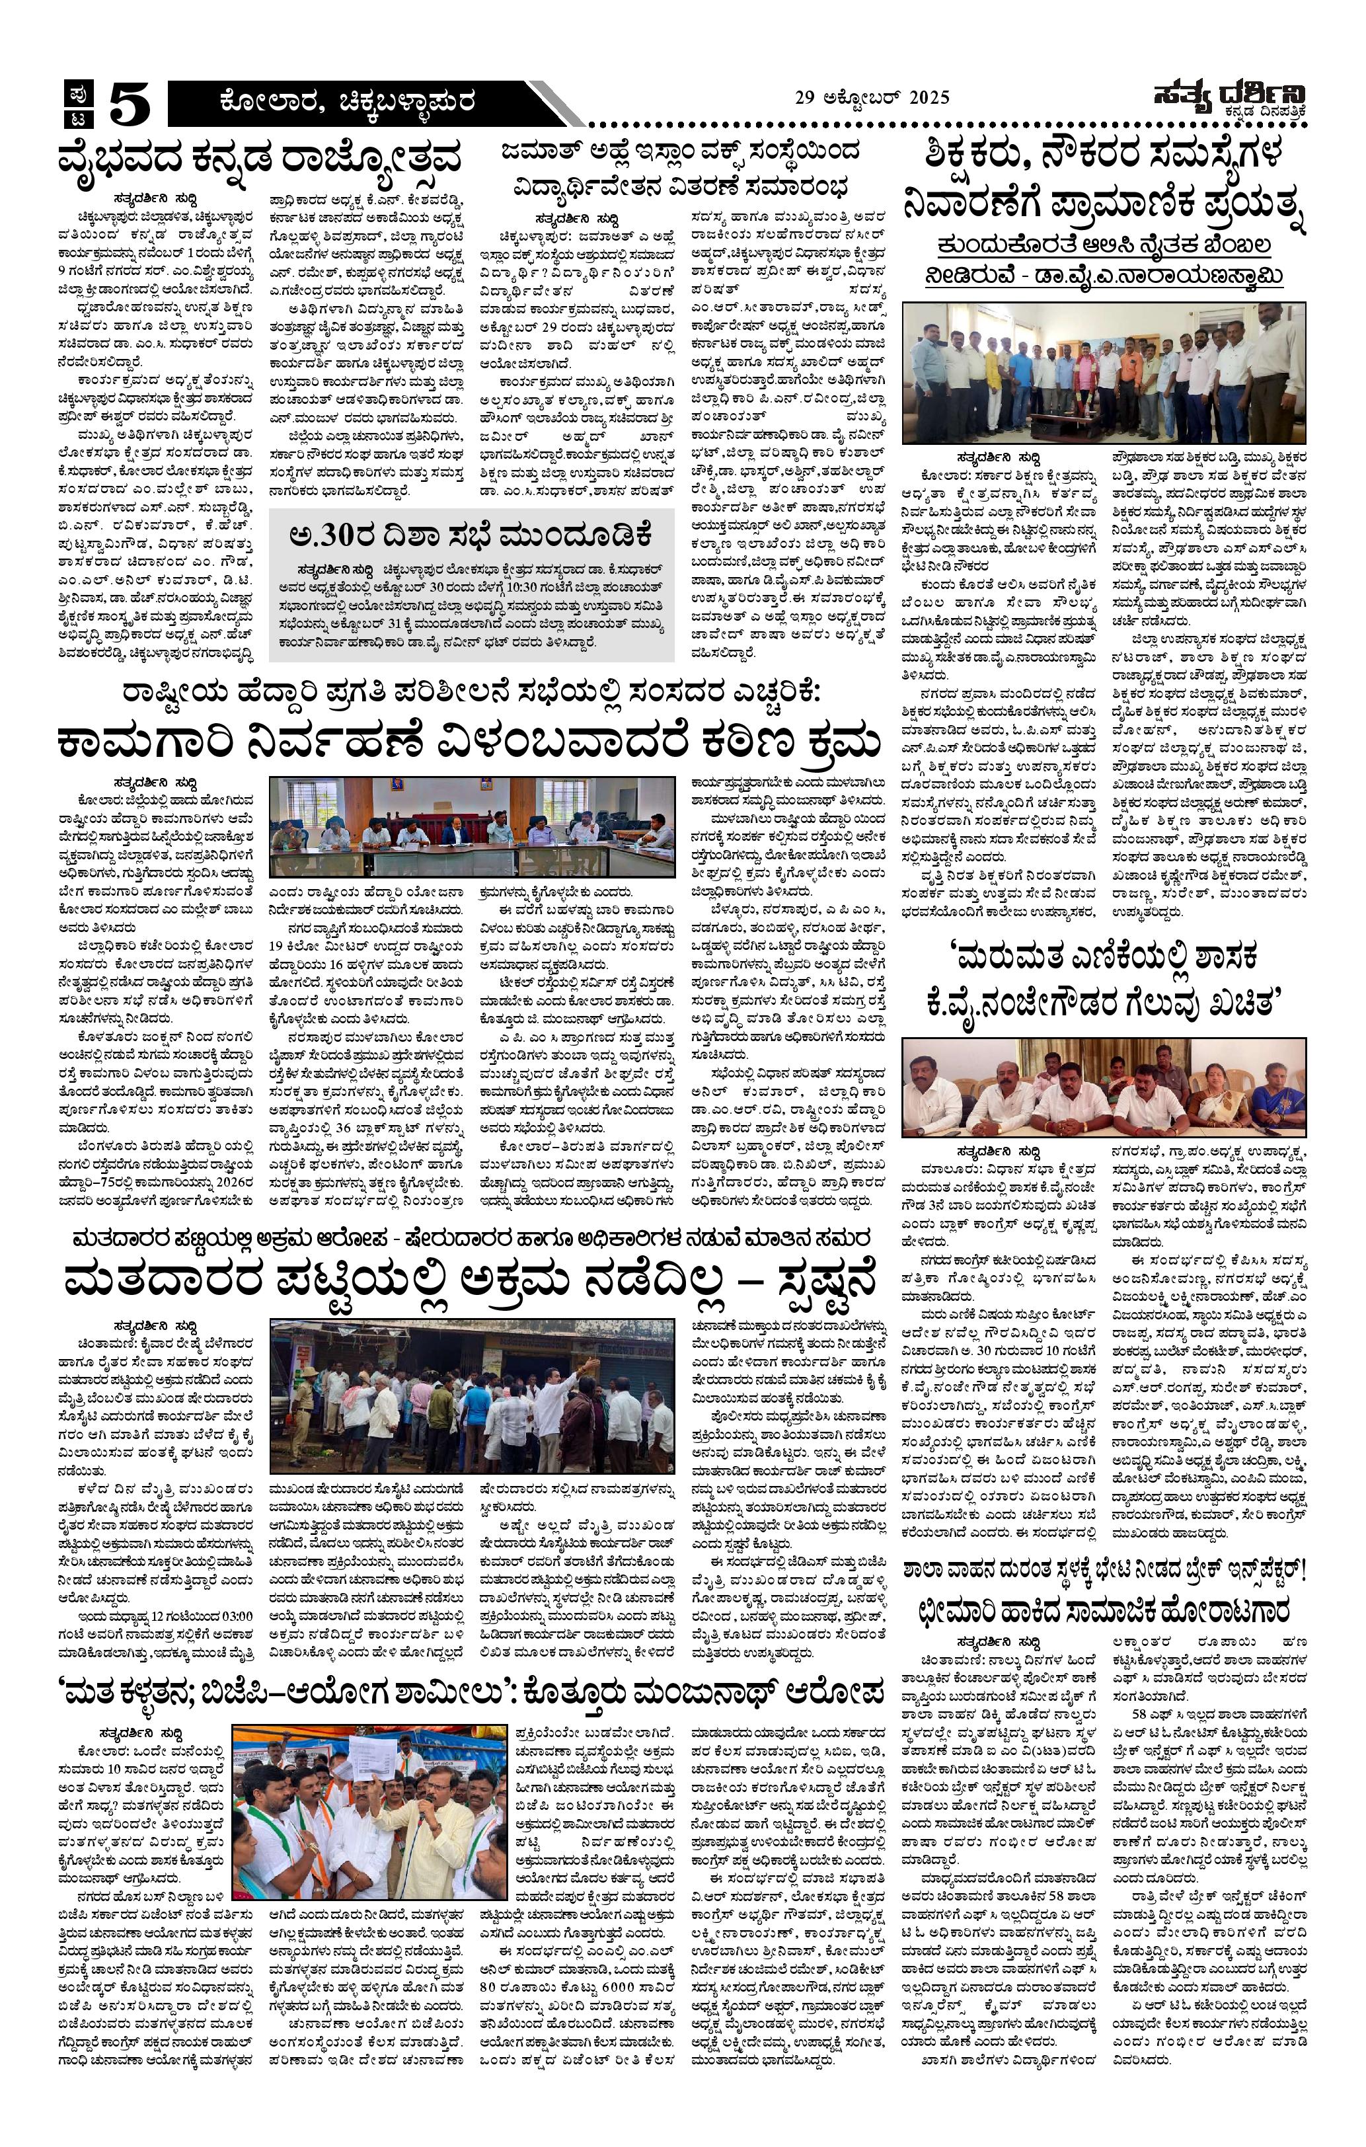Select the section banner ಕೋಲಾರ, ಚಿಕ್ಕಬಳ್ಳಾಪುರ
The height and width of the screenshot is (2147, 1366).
(x=348, y=103)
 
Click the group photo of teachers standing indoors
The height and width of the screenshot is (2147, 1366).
(x=1104, y=373)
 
